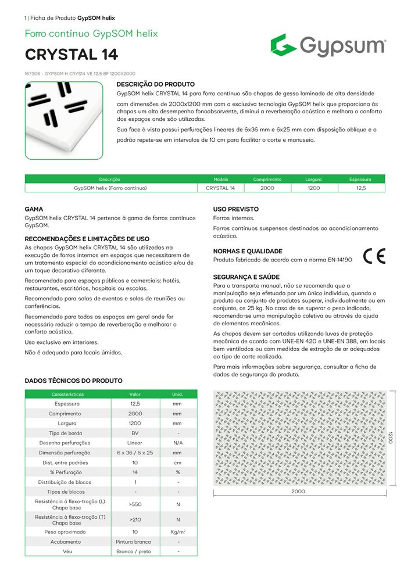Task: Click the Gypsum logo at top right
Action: (x=328, y=45)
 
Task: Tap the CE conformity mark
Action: (x=374, y=256)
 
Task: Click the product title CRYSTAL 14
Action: (x=72, y=55)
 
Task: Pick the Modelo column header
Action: (x=221, y=180)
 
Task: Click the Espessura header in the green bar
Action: (x=360, y=180)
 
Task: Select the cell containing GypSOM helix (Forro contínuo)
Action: (x=110, y=188)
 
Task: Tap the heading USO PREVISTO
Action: (x=236, y=209)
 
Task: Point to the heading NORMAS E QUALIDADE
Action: (x=248, y=251)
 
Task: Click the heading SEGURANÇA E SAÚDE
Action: (x=246, y=277)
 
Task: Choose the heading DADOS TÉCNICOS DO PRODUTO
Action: (x=73, y=381)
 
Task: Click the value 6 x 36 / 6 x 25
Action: (x=135, y=453)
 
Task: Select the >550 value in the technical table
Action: (x=135, y=504)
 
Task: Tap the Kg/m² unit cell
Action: (x=178, y=532)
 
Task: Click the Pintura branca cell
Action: (x=135, y=541)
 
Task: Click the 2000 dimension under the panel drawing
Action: (x=298, y=492)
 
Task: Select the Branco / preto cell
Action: (x=135, y=551)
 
